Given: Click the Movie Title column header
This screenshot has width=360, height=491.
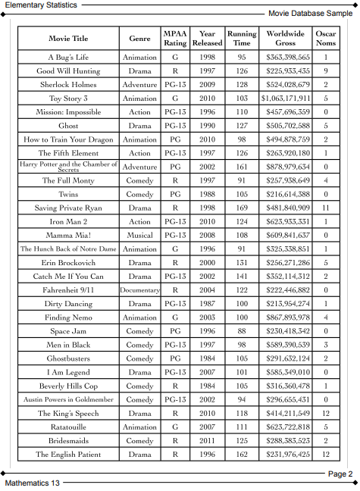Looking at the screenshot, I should tap(68, 38).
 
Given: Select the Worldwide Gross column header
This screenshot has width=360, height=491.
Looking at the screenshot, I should tap(285, 38).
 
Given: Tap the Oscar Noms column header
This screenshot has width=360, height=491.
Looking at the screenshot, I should tap(326, 38).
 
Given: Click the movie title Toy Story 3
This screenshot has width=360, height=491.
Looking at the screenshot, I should tap(68, 99).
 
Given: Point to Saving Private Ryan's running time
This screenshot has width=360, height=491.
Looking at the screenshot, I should tap(242, 208).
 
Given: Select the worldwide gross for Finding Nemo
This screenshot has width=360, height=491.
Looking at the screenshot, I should tap(285, 317).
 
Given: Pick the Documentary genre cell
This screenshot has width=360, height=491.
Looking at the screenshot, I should tap(139, 290).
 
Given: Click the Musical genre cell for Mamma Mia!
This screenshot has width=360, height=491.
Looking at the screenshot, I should tap(139, 235).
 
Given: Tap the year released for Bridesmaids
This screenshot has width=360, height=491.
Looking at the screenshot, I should tap(207, 440).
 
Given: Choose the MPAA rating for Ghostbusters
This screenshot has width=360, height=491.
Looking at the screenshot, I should tap(175, 358).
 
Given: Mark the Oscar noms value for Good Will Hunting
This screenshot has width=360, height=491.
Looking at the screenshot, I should tap(326, 71).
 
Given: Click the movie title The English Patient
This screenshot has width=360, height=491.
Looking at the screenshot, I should tap(68, 455).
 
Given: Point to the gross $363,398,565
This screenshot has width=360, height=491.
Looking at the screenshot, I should tap(285, 58).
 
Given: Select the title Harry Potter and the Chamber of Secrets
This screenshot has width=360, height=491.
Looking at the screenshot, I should tap(68, 167).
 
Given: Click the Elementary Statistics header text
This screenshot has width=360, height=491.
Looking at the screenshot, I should tap(39, 5).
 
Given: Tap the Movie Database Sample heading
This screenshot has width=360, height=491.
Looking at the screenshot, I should tap(311, 14).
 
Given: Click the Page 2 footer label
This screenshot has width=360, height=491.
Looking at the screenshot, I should tap(340, 474).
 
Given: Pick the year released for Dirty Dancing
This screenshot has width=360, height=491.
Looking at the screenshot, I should tap(207, 304).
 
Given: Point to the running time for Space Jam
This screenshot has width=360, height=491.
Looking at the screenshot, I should tap(242, 331).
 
